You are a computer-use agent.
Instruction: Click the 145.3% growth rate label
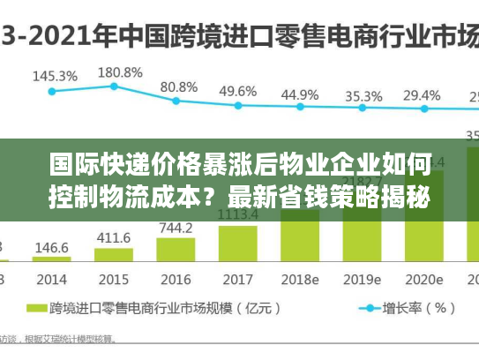tap(55, 76)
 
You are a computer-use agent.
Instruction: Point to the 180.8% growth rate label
tap(120, 71)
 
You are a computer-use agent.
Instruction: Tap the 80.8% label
tap(179, 86)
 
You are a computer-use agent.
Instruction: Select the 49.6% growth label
tap(238, 91)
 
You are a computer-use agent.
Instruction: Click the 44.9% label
tap(301, 94)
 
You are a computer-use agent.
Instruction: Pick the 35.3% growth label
tap(363, 95)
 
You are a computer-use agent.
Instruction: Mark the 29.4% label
tap(423, 94)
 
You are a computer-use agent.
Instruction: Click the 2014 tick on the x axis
tap(51, 279)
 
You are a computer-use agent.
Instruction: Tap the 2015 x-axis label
tap(113, 279)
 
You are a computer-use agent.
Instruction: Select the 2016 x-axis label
tap(175, 279)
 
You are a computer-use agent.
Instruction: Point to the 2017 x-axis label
tap(237, 279)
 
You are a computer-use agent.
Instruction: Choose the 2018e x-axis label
tap(300, 279)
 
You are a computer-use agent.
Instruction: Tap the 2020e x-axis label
tap(425, 279)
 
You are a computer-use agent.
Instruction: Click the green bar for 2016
tap(176, 251)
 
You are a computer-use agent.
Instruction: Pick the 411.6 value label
tap(113, 238)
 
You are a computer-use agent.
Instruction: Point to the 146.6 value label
tap(51, 248)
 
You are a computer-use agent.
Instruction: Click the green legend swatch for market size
tap(38, 309)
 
